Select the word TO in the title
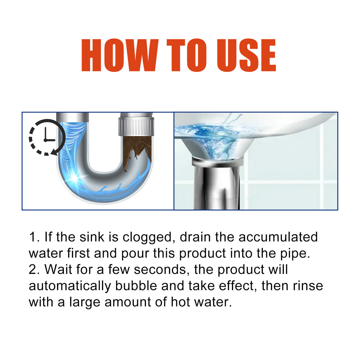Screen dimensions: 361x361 (x=186, y=55)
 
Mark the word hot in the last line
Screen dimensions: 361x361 (x=181, y=302)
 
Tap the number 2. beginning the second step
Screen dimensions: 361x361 (x=34, y=270)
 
